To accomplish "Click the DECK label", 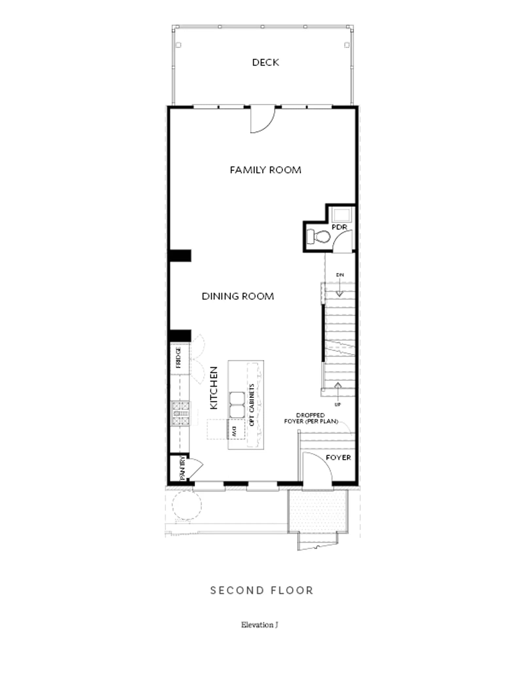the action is point(265,62).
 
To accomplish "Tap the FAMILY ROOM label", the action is point(265,170).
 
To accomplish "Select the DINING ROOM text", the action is point(238,296).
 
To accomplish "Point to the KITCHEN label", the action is point(213,388).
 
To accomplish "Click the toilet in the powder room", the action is point(318,236).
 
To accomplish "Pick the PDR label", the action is point(339,227).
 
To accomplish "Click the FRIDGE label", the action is point(178,357).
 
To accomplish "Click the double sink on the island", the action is point(237,405).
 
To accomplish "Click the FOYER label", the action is point(338,458).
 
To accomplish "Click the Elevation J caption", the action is point(260,625).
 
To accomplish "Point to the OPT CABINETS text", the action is point(252,405).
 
